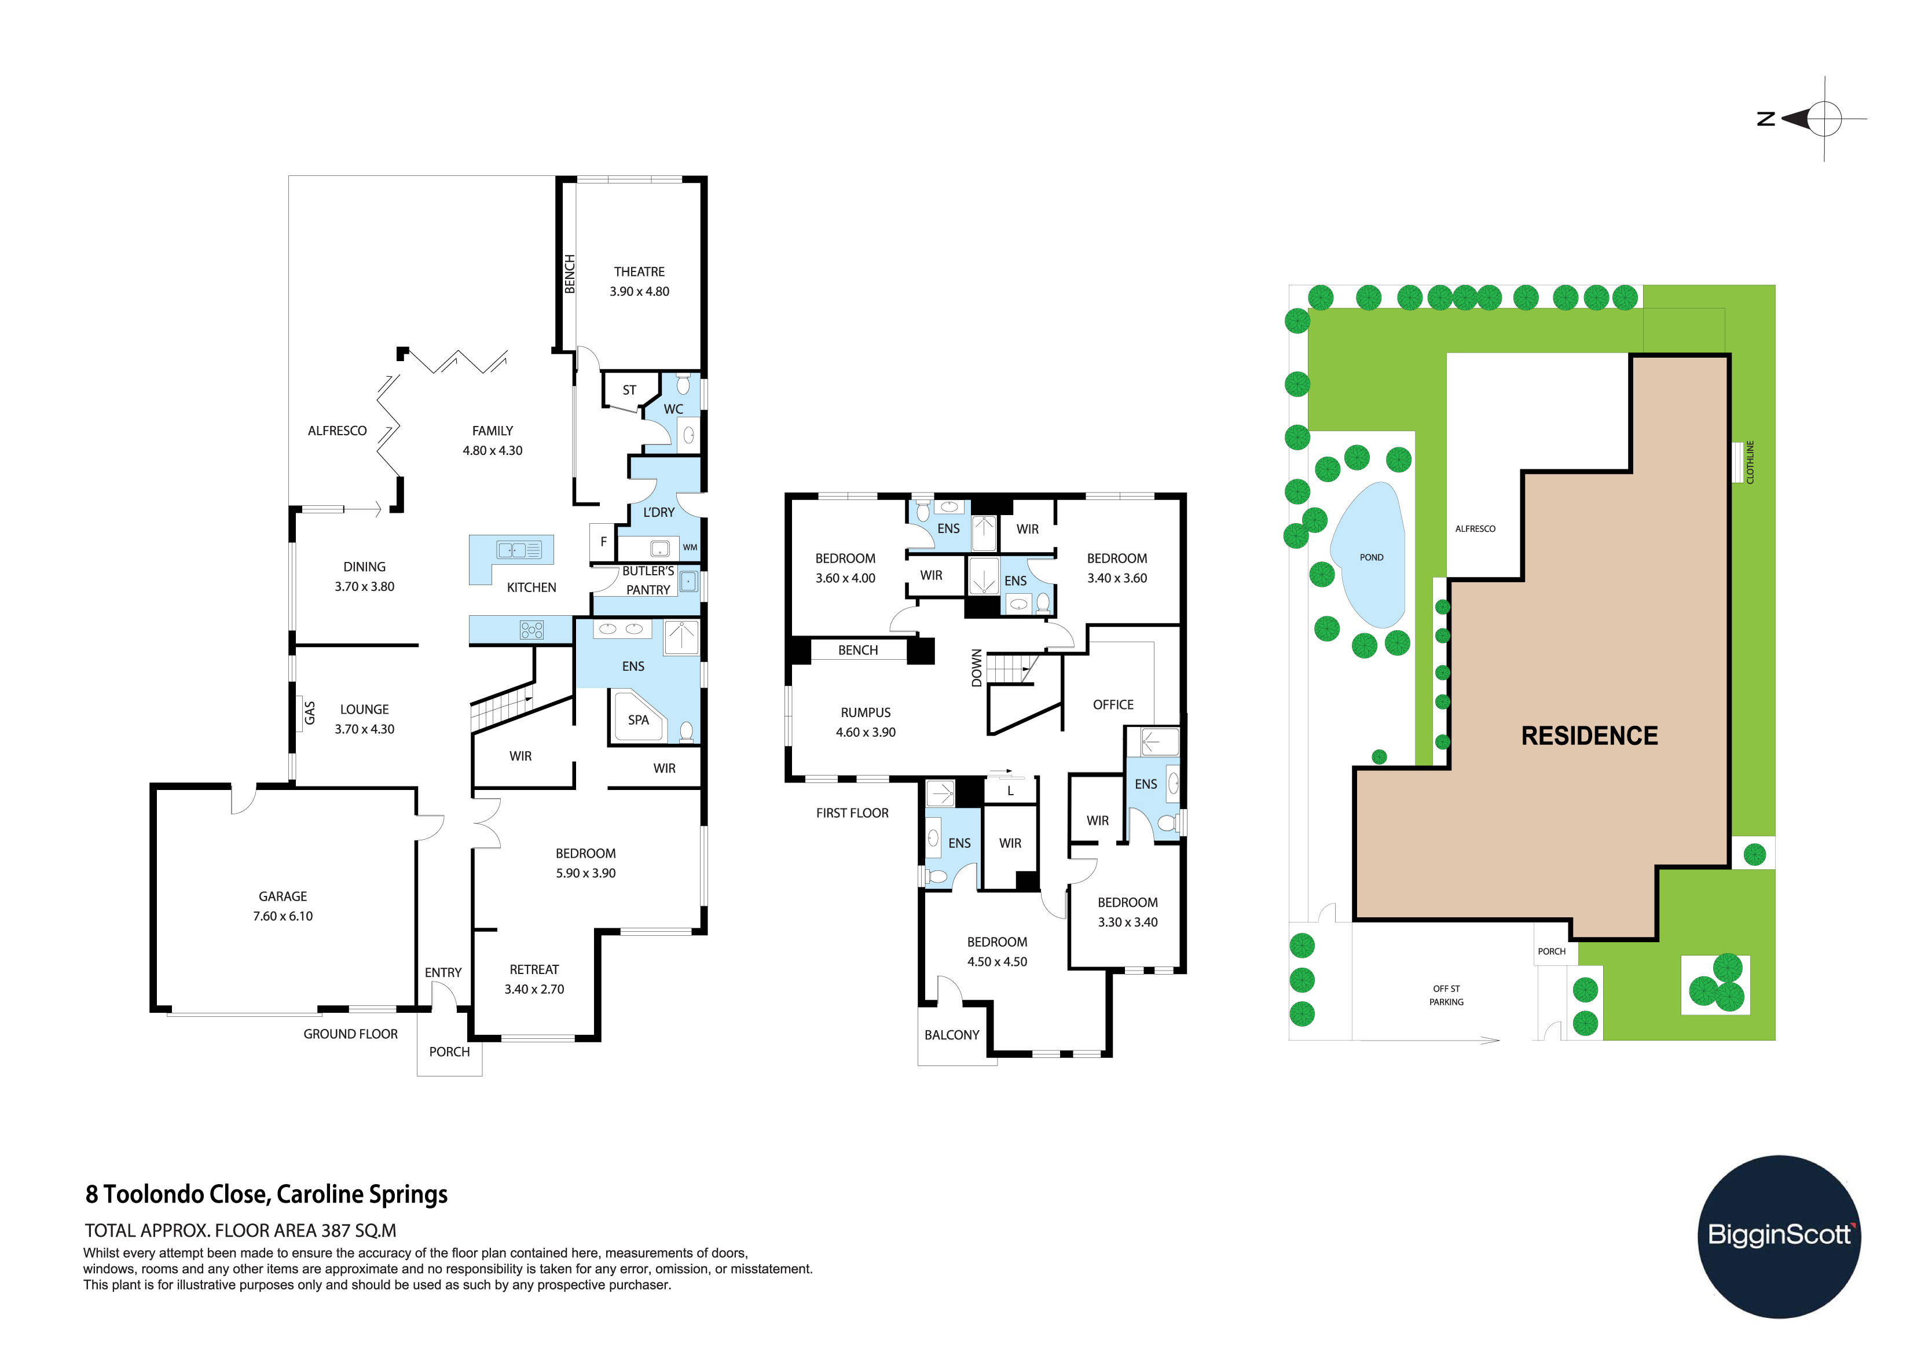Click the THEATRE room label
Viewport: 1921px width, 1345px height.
point(639,272)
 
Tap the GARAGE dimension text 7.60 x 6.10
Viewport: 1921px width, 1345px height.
point(283,916)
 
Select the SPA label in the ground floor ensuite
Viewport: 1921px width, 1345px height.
point(639,719)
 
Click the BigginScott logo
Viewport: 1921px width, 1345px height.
point(1779,1236)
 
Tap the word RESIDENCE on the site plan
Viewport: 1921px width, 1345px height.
point(1589,736)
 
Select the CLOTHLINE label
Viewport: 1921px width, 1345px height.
point(1750,462)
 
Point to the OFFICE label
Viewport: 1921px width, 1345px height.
point(1113,705)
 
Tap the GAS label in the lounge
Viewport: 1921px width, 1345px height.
point(310,712)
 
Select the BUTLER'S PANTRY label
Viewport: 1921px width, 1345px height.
point(648,580)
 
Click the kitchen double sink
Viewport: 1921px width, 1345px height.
point(519,550)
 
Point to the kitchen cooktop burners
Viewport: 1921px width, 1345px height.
point(531,630)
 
